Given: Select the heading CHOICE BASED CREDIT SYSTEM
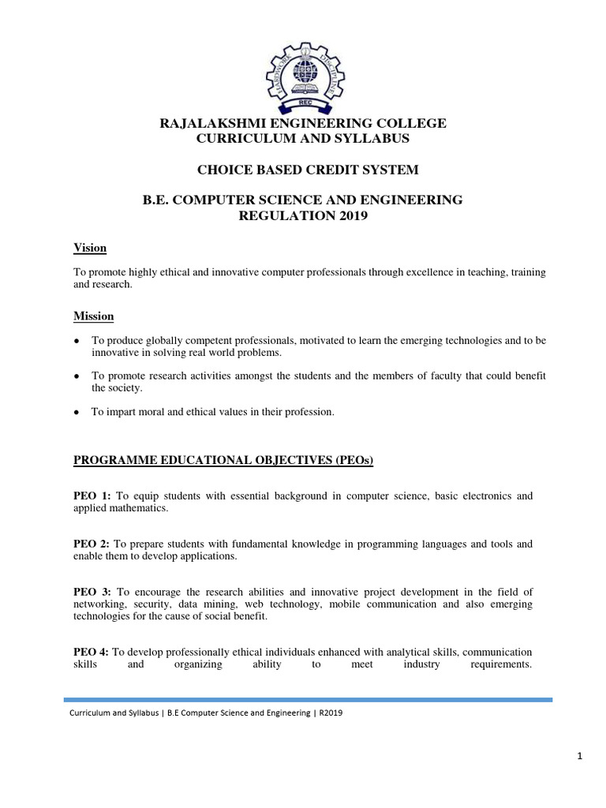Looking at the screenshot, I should click(x=303, y=170).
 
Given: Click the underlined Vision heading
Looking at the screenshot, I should click(x=89, y=248).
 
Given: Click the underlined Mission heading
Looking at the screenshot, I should click(x=93, y=316).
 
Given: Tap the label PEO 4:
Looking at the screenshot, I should click(x=91, y=652).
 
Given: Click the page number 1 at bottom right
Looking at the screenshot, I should click(x=580, y=757).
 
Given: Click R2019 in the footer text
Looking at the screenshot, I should click(x=331, y=713).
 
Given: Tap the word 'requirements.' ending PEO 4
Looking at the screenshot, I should click(x=502, y=664).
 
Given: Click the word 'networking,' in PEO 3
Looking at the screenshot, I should click(x=99, y=604).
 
